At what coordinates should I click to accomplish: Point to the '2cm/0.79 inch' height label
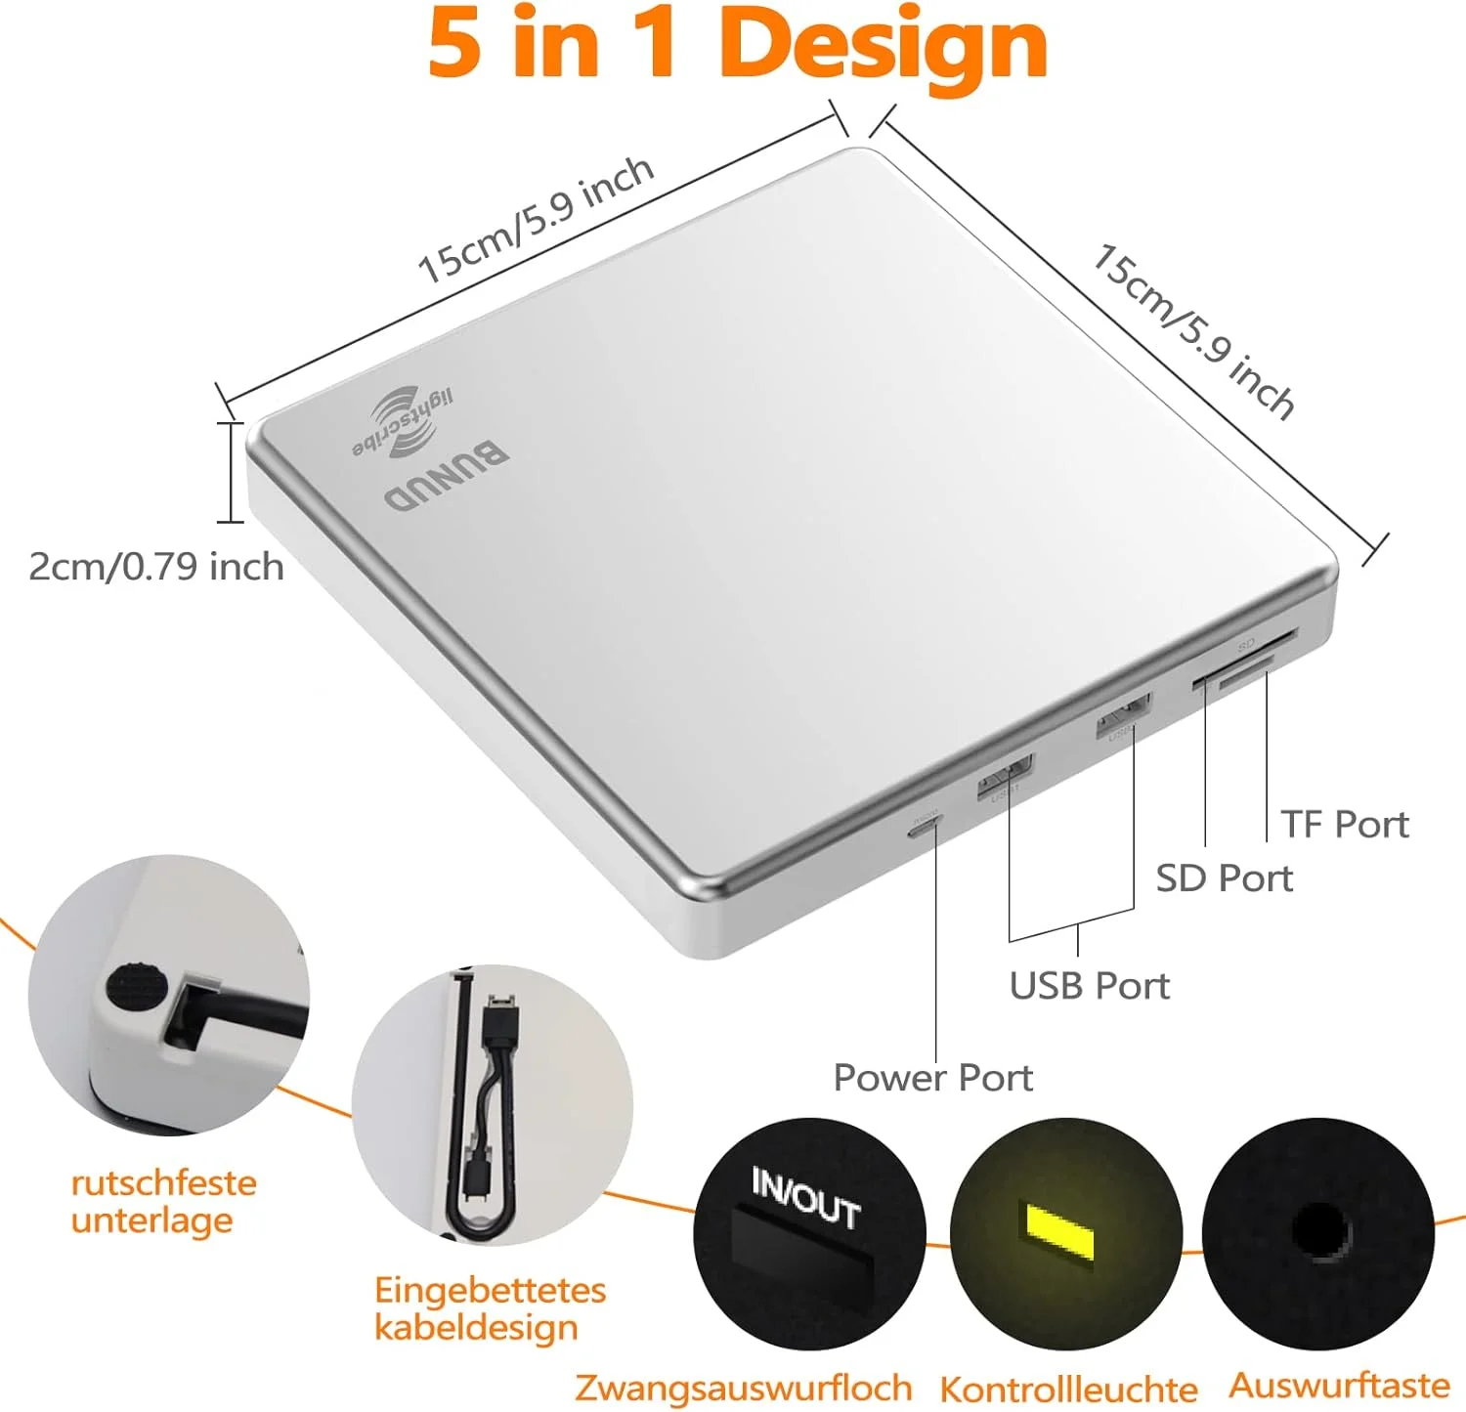coord(156,567)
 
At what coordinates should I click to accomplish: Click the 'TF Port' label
coord(1345,825)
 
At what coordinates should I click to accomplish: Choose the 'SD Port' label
coord(1224,878)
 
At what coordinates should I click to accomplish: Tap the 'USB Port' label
coord(1089,986)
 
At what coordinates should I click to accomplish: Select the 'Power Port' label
coord(932,1078)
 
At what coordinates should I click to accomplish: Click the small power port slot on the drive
coord(924,829)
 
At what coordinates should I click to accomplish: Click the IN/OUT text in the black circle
coord(806,1198)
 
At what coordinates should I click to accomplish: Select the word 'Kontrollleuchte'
coord(1068,1389)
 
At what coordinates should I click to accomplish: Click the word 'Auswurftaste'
coord(1339,1386)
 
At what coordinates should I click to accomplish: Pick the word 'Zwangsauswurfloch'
coord(743,1388)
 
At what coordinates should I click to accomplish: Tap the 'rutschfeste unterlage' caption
coord(163,1202)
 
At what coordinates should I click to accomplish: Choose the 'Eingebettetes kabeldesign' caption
coord(490,1308)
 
